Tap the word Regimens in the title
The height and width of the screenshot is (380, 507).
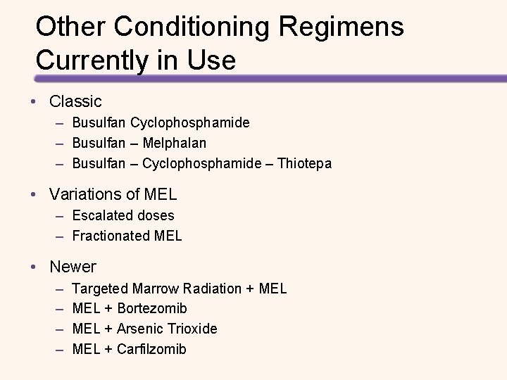(x=341, y=27)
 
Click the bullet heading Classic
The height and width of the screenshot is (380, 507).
(x=75, y=101)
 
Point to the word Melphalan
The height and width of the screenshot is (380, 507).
(x=174, y=143)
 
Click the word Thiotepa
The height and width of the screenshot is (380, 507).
(x=304, y=163)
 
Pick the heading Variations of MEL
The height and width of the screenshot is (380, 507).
(x=113, y=194)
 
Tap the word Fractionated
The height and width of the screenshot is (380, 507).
(x=111, y=236)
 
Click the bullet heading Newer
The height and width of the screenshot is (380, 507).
(x=73, y=267)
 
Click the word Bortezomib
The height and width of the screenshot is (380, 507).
(x=152, y=308)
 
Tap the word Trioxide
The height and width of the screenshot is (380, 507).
(x=192, y=329)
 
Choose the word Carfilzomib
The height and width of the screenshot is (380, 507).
(x=152, y=349)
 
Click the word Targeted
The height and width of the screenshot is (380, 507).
(x=100, y=289)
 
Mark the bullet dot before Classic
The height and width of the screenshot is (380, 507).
(x=34, y=102)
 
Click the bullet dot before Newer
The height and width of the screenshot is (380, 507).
(x=34, y=267)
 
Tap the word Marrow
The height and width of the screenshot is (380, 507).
(x=155, y=289)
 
